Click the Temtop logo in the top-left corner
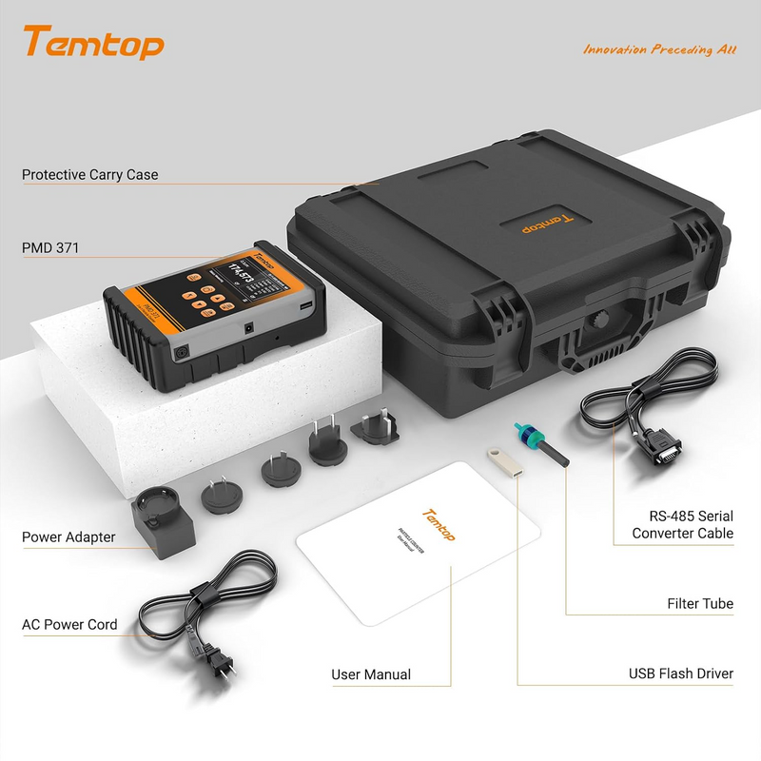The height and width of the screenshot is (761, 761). pyautogui.click(x=93, y=43)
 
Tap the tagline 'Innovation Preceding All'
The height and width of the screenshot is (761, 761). pyautogui.click(x=659, y=49)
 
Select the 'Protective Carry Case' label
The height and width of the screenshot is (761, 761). pyautogui.click(x=90, y=175)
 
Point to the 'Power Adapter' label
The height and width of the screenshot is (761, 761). pyautogui.click(x=68, y=537)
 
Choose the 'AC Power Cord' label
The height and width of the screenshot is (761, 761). pyautogui.click(x=69, y=625)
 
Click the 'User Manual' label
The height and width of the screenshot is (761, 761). pyautogui.click(x=371, y=674)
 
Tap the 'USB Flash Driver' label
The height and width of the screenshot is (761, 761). pyautogui.click(x=680, y=673)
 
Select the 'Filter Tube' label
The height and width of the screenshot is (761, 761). pyautogui.click(x=700, y=604)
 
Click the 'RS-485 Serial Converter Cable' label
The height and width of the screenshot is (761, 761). pyautogui.click(x=682, y=524)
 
